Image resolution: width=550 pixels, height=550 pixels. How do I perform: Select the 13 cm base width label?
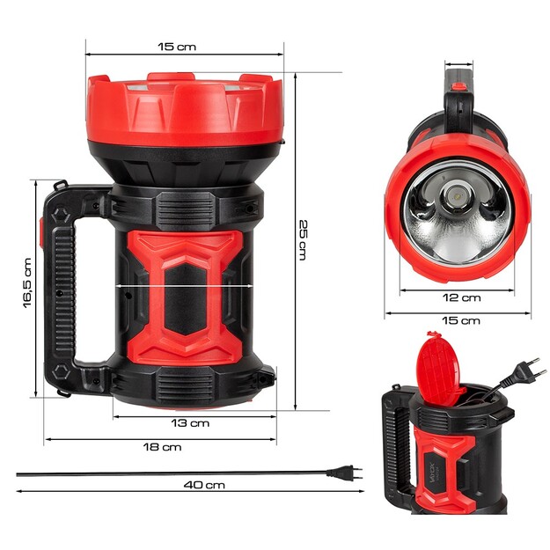click(190, 423)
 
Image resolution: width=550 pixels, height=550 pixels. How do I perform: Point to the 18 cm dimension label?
click(164, 447)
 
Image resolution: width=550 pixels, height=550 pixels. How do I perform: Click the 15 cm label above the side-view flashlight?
click(183, 46)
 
